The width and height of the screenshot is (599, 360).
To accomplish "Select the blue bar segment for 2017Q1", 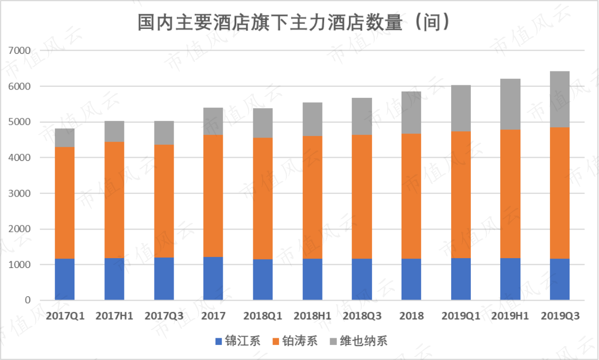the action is coord(65,279).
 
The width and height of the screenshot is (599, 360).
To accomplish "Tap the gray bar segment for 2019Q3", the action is coord(560,99).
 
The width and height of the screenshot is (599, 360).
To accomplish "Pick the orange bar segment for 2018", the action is coord(411,197).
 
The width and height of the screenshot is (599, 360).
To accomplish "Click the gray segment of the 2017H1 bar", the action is coord(114,132).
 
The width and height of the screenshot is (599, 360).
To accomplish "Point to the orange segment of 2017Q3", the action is coord(164,201).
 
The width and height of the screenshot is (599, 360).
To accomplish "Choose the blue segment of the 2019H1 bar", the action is coord(511,279).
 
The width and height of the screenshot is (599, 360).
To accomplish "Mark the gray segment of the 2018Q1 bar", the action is coord(263,123).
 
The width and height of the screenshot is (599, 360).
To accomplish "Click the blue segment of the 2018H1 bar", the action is coord(313,279).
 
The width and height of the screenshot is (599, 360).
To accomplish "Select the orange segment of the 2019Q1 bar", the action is coord(460,195).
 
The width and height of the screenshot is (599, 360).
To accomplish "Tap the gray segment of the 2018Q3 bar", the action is coord(362,116).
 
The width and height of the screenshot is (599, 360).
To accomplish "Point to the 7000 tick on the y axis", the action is coord(20,51).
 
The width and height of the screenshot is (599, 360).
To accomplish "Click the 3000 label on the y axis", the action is coord(20,193).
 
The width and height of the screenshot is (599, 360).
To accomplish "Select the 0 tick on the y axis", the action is coord(27,301).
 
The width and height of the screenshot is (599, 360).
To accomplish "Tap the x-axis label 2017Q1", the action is coord(65,316).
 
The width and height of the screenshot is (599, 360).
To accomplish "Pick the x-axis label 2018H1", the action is coord(313,316).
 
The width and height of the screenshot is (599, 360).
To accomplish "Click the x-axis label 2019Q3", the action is coord(560,316).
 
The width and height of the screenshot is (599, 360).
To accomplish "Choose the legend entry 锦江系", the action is coord(238,341).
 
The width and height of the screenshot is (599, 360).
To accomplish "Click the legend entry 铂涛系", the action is coord(295,341).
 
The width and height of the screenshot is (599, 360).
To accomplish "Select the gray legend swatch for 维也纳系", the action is coord(333,341).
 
